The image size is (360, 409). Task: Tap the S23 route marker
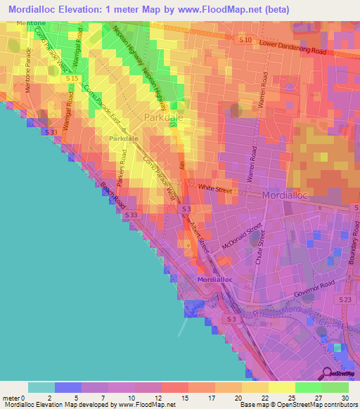click(x=345, y=300)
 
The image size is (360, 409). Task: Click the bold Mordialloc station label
click(x=214, y=280)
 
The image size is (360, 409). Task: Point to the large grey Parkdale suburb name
click(x=163, y=118)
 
